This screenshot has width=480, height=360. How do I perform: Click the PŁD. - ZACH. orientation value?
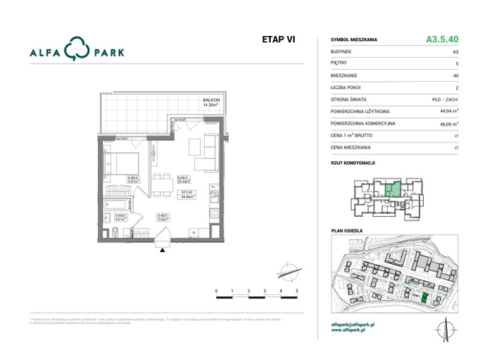click(x=445, y=99)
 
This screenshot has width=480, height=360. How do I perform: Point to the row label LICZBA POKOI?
click(x=350, y=87)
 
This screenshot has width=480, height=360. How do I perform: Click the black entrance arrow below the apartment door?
click(x=160, y=250)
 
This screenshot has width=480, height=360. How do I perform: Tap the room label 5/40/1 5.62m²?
click(x=161, y=218)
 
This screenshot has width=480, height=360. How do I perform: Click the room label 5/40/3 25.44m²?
click(x=182, y=179)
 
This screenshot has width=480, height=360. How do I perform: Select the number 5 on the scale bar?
click(x=297, y=289)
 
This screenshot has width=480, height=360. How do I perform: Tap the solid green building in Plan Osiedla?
click(x=424, y=298)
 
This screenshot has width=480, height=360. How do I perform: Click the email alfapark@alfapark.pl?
click(x=358, y=324)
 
